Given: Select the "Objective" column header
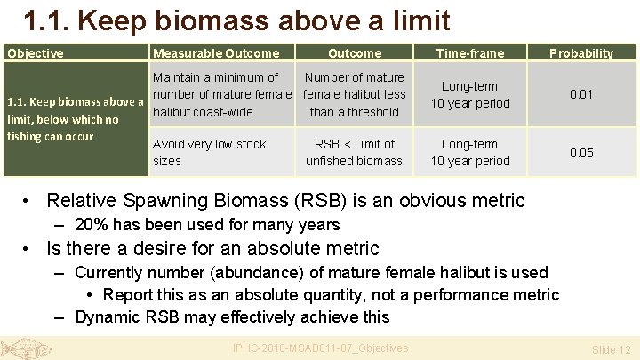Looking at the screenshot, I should (36, 53).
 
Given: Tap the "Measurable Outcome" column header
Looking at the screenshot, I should (216, 53).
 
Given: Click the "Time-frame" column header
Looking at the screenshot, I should (470, 53).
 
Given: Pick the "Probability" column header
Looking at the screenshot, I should (580, 53).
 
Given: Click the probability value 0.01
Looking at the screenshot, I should (581, 94).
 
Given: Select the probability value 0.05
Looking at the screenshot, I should (581, 153).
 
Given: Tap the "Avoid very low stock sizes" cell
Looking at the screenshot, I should (210, 152).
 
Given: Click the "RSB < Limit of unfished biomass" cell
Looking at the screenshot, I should (354, 152).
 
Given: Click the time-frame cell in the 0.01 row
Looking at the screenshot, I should (470, 94).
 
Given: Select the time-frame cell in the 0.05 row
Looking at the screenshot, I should (470, 152).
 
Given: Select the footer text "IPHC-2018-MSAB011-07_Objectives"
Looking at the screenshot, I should (320, 348).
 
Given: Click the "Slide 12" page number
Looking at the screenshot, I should (612, 350).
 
